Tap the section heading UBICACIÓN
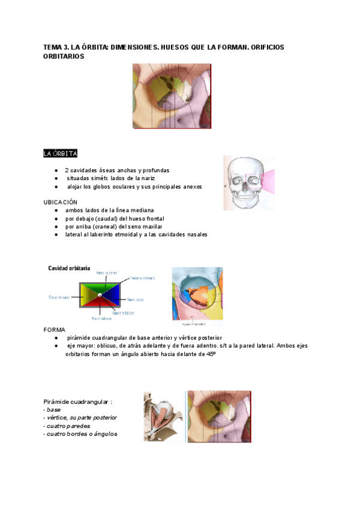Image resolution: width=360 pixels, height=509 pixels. tap(61, 202)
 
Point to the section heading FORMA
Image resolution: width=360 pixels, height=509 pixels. tap(55, 330)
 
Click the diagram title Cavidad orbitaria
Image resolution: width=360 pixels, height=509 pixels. tap(70, 268)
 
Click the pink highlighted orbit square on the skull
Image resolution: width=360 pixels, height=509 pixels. tap(254, 181)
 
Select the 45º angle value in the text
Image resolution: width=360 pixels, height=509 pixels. tap(211, 354)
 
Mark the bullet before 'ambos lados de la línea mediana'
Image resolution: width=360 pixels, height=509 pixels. tap(56, 210)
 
